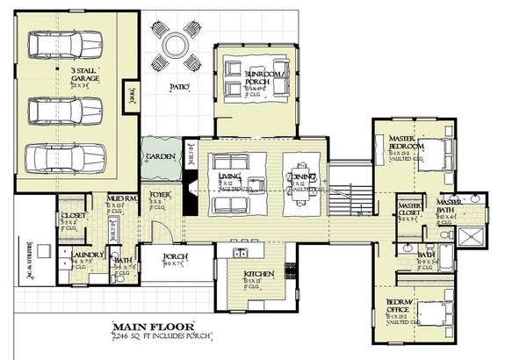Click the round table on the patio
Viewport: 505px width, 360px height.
[176, 46]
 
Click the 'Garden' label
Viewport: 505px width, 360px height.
[161, 155]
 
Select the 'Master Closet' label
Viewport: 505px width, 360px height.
[410, 209]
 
